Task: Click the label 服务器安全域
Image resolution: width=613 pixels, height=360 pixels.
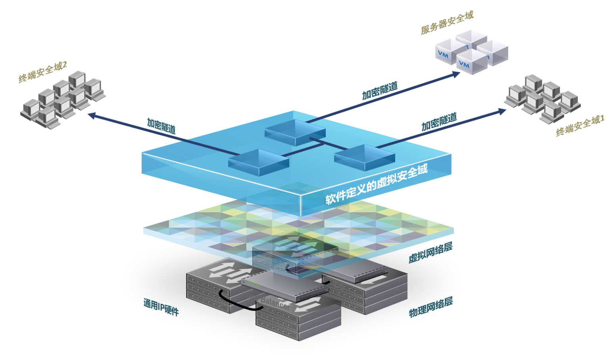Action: pyautogui.click(x=447, y=23)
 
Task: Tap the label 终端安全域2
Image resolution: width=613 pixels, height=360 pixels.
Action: pyautogui.click(x=42, y=72)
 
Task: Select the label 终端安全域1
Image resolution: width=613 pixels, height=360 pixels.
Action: pyautogui.click(x=580, y=126)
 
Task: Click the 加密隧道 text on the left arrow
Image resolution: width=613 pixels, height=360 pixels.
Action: pyautogui.click(x=161, y=126)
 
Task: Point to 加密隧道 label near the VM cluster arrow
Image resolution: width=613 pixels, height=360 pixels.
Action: pyautogui.click(x=380, y=91)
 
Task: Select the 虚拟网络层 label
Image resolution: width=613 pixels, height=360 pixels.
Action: pyautogui.click(x=430, y=253)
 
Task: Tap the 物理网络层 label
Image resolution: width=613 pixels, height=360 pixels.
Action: pyautogui.click(x=431, y=307)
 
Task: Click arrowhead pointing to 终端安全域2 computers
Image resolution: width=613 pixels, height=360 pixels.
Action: pyautogui.click(x=91, y=115)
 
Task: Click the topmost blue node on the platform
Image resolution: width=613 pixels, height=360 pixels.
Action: pyautogui.click(x=295, y=130)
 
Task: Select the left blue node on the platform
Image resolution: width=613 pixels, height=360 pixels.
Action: pyautogui.click(x=258, y=161)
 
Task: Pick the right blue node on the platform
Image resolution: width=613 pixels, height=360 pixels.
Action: pyautogui.click(x=364, y=156)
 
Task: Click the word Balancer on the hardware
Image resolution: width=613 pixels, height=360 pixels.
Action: pyautogui.click(x=276, y=303)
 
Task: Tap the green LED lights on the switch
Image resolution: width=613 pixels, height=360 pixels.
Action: pyautogui.click(x=254, y=283)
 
